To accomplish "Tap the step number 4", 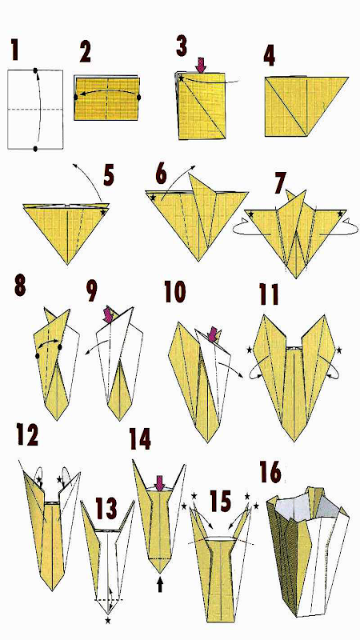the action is point(269,55).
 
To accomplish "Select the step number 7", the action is point(280,184).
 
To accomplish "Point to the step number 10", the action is point(174,291).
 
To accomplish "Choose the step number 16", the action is point(270,473).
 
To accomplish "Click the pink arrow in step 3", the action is point(201,66).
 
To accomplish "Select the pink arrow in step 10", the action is point(212,334).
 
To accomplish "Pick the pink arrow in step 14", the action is point(159,484).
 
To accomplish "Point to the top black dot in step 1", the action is point(36,70).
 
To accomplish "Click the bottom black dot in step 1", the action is point(36,149).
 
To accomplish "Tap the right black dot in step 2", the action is point(138,97).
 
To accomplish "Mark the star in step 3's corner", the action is point(182,78).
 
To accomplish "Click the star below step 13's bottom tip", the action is point(108,621).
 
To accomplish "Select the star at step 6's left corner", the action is point(153,198).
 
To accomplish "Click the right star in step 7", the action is point(339,214).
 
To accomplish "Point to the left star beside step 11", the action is point(250,350).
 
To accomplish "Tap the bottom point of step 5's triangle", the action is point(67,264).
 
